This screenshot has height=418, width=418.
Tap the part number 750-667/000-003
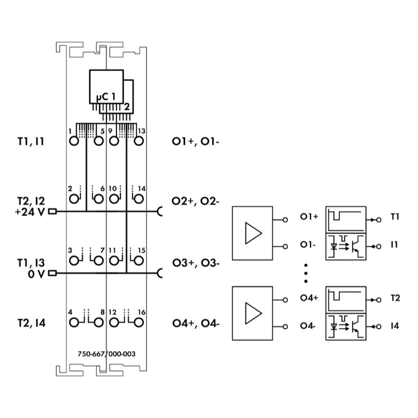tap(106, 353)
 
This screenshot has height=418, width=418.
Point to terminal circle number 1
tap(75, 140)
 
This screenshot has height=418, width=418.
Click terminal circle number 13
tap(138, 140)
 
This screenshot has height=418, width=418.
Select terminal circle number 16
tap(138, 323)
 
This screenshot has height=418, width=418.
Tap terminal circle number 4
tap(75, 323)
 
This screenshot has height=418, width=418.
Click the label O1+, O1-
tap(196, 142)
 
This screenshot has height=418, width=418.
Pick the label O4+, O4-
tap(196, 323)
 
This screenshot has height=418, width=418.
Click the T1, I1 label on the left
tap(31, 142)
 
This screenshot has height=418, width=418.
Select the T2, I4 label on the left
tap(31, 323)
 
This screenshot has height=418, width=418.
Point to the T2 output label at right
tap(395, 298)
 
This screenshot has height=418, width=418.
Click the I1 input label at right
tap(394, 245)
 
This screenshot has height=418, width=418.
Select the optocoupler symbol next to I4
tap(345, 325)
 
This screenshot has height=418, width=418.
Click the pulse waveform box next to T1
tap(345, 219)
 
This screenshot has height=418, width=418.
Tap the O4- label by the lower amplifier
tap(308, 325)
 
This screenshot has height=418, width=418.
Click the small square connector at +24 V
tap(53, 212)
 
